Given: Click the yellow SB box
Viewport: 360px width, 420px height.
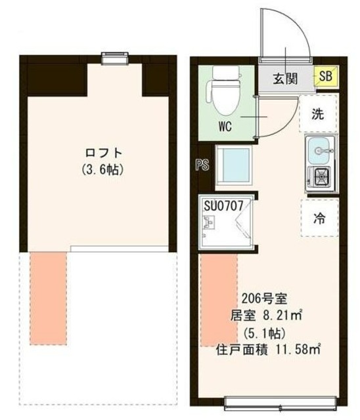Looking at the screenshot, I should click(x=326, y=78).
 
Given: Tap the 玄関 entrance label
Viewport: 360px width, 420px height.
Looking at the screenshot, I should click(x=285, y=79).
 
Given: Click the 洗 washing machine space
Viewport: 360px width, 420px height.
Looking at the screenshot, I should click(x=317, y=114).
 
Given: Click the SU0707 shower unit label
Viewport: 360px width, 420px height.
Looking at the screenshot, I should click(x=224, y=205).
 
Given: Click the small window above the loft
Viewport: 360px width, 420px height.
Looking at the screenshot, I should click(x=115, y=59).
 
